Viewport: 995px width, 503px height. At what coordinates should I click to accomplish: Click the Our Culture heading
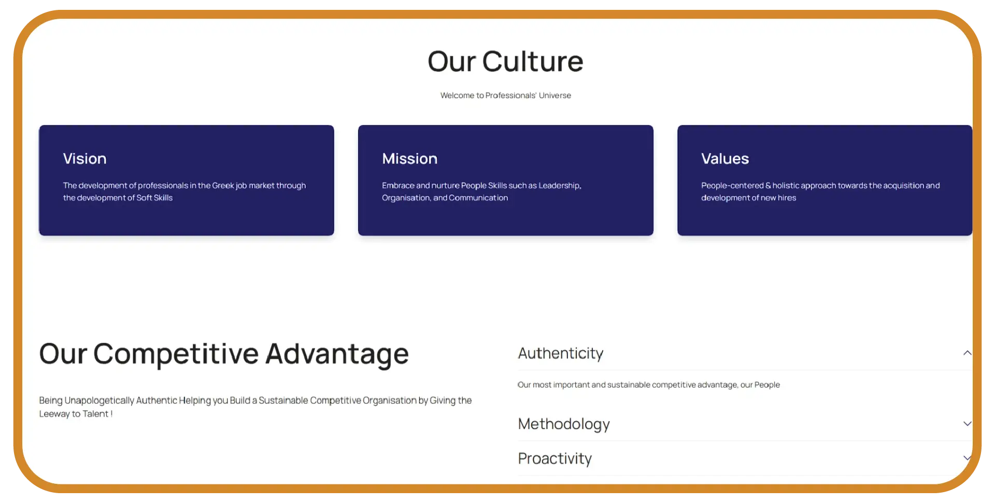click(505, 61)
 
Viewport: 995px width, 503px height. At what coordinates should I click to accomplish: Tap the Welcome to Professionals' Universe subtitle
click(506, 95)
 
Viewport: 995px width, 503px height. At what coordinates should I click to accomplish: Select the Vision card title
click(84, 159)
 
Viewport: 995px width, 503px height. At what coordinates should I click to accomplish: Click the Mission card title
click(409, 159)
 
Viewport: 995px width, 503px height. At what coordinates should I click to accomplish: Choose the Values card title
click(725, 159)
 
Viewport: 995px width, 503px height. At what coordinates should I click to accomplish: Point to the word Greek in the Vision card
click(223, 186)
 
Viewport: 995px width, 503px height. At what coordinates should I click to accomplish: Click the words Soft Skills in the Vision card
click(154, 198)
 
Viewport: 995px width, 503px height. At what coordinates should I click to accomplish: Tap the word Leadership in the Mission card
click(560, 186)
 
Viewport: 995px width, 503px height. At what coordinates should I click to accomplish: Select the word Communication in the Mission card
click(478, 198)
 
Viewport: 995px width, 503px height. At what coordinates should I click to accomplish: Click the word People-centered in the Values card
click(732, 186)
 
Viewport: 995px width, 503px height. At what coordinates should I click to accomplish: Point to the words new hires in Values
click(778, 198)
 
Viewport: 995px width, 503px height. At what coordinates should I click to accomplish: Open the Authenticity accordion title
click(561, 353)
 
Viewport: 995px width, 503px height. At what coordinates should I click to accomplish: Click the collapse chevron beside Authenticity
click(967, 353)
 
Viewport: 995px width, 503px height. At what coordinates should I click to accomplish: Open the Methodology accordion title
click(564, 424)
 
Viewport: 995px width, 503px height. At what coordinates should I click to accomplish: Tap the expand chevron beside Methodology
click(967, 424)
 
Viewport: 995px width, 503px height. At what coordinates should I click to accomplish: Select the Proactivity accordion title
click(555, 458)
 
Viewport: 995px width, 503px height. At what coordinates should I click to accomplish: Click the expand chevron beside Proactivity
click(967, 458)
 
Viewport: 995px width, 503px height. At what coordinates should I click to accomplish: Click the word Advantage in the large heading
click(337, 355)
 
